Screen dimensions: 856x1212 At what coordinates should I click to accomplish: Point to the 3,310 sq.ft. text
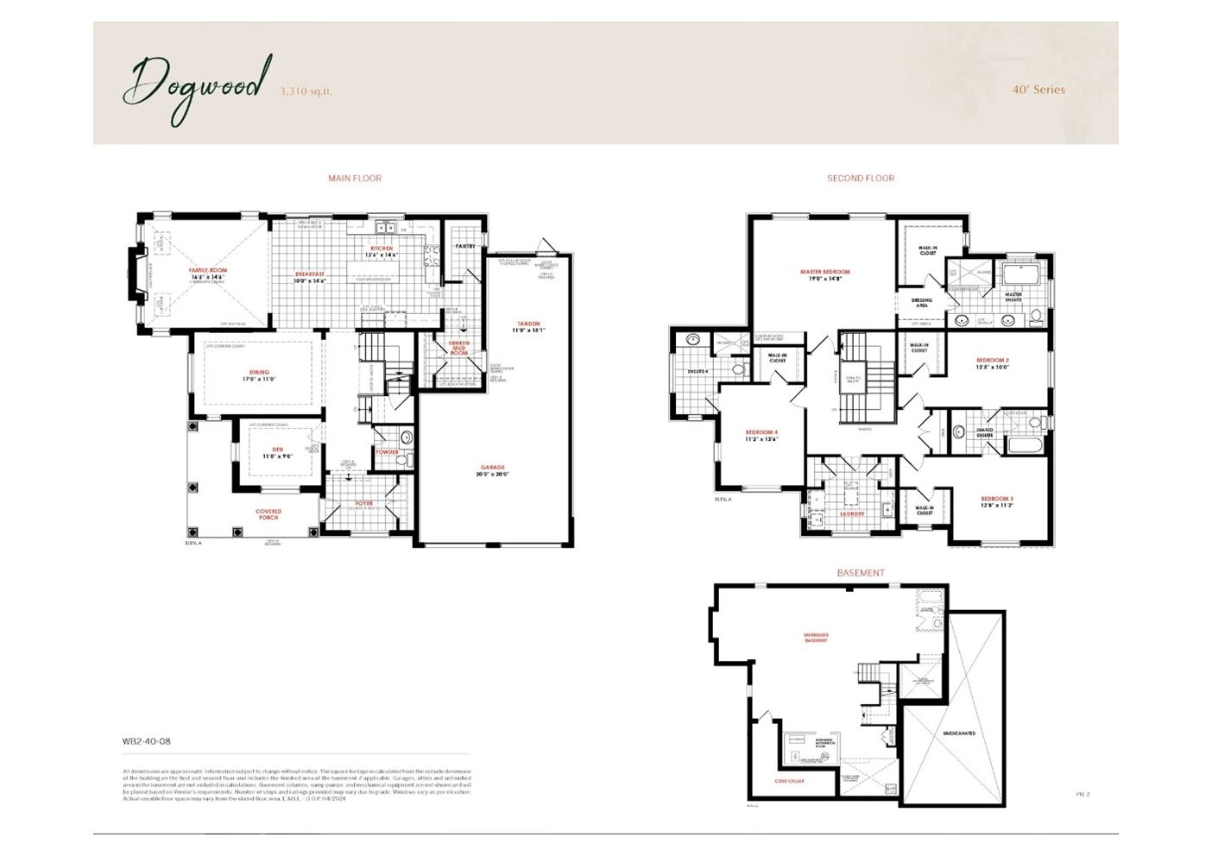[306, 91]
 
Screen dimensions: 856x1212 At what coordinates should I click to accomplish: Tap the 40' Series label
[1038, 90]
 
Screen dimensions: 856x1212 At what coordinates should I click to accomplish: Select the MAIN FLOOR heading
[355, 179]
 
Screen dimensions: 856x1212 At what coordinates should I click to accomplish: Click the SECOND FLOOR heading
[861, 179]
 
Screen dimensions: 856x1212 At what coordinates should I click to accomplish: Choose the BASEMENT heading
[861, 573]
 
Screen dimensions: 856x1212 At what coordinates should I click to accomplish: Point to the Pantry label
[465, 246]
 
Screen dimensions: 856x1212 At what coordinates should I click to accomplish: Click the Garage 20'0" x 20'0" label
[493, 470]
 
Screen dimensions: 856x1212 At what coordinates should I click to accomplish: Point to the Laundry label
[852, 513]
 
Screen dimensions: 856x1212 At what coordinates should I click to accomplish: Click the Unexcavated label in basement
[959, 733]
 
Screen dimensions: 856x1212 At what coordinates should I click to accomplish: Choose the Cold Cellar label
[789, 781]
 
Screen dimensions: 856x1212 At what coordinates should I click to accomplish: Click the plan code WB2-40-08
[147, 741]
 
